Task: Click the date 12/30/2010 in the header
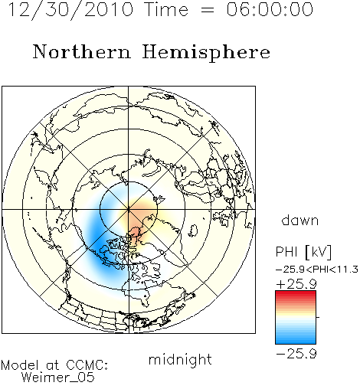[70, 10]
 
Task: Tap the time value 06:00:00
[270, 9]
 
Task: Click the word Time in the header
[166, 9]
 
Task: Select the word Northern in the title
[82, 51]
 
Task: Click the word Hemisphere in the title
[206, 53]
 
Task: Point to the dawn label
[300, 220]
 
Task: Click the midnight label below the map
[180, 359]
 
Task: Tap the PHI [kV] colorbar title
[303, 252]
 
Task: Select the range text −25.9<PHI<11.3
[317, 270]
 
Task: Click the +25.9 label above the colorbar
[296, 284]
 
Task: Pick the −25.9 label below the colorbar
[296, 354]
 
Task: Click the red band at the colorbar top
[296, 295]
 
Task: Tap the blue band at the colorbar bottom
[296, 339]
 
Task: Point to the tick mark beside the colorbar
[318, 317]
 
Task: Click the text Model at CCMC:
[54, 365]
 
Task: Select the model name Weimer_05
[58, 378]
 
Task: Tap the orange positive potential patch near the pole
[136, 220]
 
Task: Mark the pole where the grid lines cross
[129, 209]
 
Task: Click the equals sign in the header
[208, 10]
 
